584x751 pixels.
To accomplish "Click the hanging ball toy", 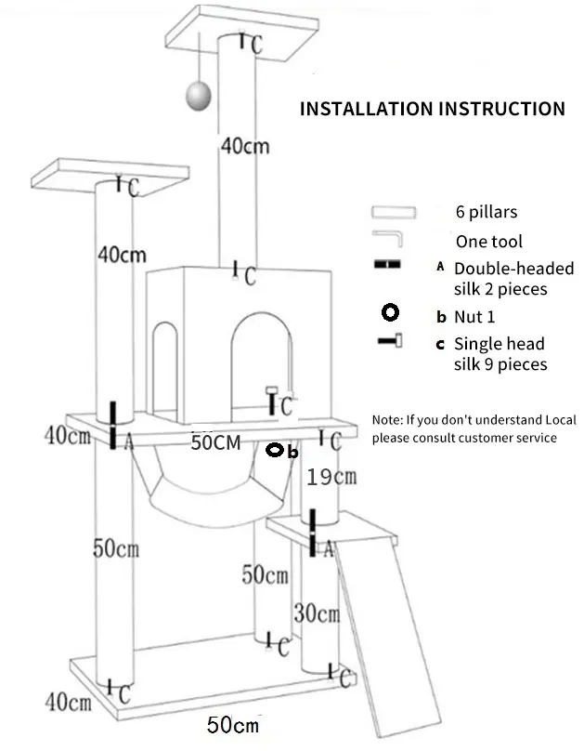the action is tap(198, 95).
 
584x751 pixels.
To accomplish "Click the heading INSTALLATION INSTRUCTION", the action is tap(433, 109).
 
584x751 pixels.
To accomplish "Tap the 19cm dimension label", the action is tap(331, 477).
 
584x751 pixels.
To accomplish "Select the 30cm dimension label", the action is tap(318, 613).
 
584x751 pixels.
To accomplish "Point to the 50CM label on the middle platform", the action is tap(215, 442).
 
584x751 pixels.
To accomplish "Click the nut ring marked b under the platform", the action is tap(275, 450).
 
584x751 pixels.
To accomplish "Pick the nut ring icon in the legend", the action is tap(390, 312).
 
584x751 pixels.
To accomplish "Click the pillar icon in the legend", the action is tap(394, 212).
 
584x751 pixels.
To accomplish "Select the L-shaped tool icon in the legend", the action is tap(388, 239).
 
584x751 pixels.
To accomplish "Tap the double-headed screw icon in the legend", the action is tap(387, 264).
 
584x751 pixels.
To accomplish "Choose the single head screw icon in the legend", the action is tap(390, 340).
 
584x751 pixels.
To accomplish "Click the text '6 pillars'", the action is tap(487, 212).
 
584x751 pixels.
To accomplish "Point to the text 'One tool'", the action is tap(488, 242).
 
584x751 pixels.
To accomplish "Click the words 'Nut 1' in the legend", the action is tap(474, 317).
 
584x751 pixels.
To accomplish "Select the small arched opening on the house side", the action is tap(165, 367).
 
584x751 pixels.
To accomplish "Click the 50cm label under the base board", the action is tap(233, 725).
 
